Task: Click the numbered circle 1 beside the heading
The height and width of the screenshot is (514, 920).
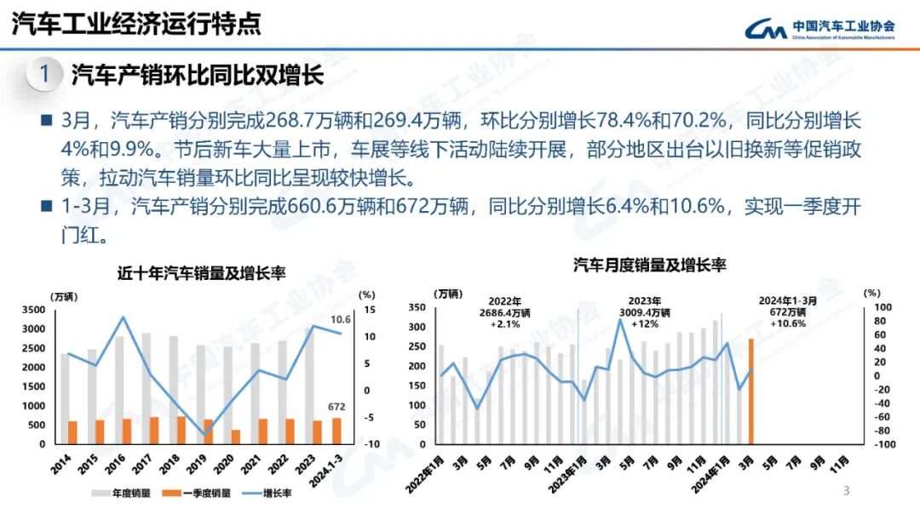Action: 44,75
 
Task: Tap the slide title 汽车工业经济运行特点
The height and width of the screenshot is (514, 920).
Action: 135,24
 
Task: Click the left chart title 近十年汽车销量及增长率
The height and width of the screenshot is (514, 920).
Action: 201,274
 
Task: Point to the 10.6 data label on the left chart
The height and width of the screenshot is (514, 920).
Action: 341,320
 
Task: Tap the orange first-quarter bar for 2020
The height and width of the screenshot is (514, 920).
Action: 236,437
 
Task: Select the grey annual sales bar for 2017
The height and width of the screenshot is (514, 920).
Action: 146,388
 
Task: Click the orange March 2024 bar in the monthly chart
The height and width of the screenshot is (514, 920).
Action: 751,391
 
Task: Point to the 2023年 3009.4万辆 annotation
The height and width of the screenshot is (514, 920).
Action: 650,311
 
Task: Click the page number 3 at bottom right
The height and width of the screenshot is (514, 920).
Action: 846,491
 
